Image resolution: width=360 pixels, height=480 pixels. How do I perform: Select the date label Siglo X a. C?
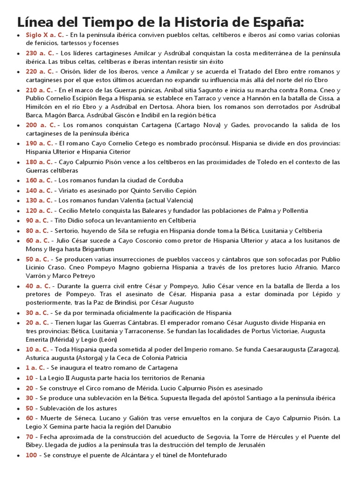point(45,35)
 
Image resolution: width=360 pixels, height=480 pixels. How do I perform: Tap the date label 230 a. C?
point(40,53)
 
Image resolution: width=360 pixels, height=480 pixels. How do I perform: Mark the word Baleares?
point(156,211)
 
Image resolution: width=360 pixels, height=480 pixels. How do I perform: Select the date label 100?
point(31,455)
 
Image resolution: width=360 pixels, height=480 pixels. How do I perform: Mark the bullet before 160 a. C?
point(18,180)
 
